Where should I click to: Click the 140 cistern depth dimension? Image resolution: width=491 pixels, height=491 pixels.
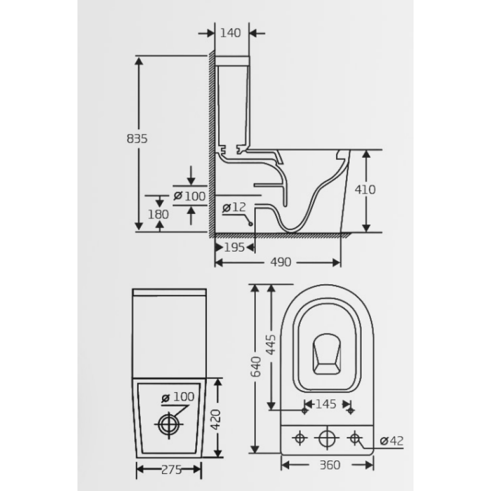point(230,33)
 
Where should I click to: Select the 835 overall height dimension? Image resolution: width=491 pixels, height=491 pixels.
point(137,139)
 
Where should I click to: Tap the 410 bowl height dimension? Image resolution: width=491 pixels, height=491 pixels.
point(365,190)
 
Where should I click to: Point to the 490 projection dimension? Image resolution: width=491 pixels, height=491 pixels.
point(281,262)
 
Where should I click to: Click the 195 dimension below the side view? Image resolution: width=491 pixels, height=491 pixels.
point(234,248)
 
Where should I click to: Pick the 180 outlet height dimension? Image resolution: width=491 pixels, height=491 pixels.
point(158,214)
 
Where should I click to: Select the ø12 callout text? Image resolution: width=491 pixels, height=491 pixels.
point(234,207)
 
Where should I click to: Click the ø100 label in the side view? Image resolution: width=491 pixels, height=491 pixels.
point(190,196)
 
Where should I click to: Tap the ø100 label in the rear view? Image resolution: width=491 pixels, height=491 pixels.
point(178,397)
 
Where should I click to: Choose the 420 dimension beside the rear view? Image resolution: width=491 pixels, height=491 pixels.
point(215,420)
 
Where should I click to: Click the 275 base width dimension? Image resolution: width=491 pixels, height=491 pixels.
point(172,469)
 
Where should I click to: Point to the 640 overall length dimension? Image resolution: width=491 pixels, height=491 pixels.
point(256,367)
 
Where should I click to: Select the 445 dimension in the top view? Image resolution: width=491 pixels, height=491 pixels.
point(271,344)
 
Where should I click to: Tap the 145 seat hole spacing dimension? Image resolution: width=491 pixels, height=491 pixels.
point(326,404)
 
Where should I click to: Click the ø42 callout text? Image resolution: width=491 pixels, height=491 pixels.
point(392,441)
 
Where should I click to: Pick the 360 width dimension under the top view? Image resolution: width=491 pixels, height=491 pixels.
point(330,465)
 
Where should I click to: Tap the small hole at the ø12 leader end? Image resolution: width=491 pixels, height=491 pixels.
point(250,224)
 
